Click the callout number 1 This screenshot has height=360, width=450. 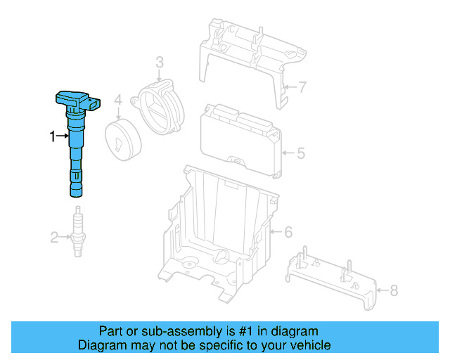coord(51,136)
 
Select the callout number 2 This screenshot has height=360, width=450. coord(54,238)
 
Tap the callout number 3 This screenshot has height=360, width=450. coord(160,64)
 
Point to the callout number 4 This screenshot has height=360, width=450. coord(119,101)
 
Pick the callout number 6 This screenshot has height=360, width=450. coord(287,231)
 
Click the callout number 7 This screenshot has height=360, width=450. coord(302,88)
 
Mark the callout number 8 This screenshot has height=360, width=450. coord(393,289)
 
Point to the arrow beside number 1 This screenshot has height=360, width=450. coord(62,136)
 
